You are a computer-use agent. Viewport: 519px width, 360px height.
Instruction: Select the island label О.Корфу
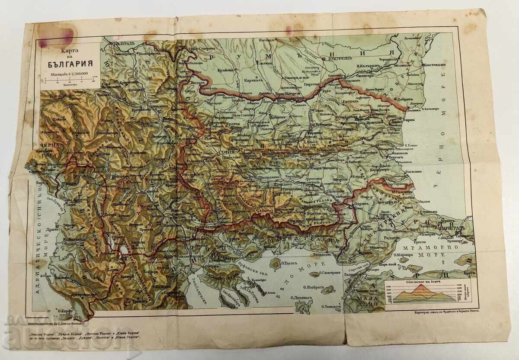tap(67, 310)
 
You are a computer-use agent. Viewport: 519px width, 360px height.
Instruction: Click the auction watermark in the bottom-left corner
tap(35, 333)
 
